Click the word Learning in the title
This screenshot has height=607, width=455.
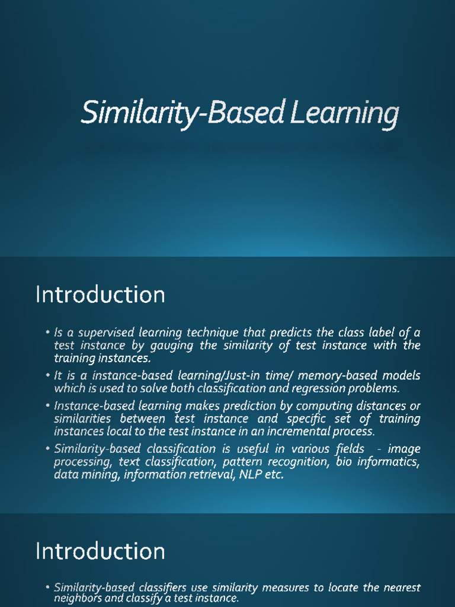coord(345,114)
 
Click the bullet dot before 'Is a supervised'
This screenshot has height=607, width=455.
coord(47,333)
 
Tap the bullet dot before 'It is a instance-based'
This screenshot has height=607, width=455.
coord(47,376)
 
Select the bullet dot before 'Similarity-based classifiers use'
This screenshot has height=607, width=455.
coord(47,587)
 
